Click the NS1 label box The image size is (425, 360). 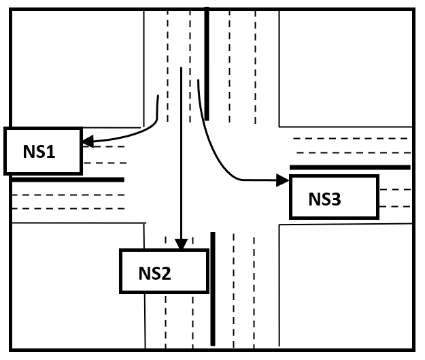(43, 150)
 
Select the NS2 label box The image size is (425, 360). (163, 272)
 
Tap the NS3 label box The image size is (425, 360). (334, 197)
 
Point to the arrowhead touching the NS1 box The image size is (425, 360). (86, 142)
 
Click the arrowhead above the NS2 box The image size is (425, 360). (180, 244)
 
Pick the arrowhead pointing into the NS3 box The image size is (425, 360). (284, 180)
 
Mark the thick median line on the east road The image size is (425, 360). (350, 167)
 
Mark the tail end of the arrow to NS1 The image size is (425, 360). (158, 97)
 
